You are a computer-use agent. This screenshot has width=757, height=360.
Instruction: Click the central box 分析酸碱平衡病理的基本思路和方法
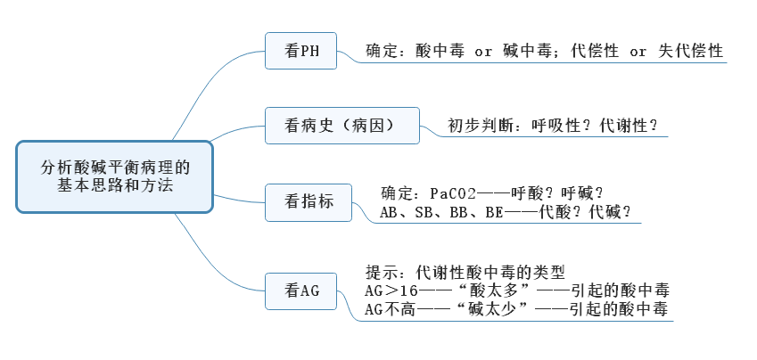[115, 176]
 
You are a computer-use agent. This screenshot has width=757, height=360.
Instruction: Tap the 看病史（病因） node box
[342, 126]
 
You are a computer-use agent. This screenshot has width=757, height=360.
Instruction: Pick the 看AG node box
[302, 289]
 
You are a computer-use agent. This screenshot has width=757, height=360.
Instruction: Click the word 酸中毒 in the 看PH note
[440, 52]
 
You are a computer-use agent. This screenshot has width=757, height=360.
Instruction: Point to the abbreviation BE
[493, 212]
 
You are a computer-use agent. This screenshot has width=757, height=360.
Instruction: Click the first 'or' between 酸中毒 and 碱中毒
[483, 52]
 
